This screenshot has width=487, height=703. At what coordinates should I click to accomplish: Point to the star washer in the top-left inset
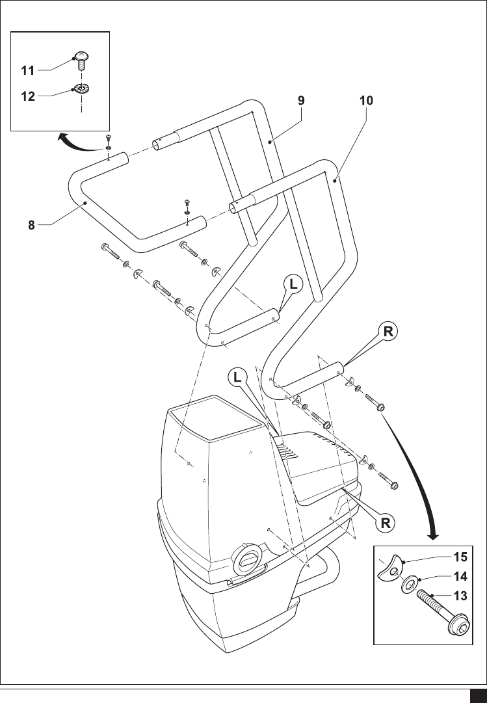[x=82, y=88]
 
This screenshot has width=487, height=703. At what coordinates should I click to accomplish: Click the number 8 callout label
[x=31, y=226]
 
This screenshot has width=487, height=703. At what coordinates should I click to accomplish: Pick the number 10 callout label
[x=366, y=101]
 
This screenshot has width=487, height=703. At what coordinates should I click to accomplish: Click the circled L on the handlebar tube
[x=294, y=285]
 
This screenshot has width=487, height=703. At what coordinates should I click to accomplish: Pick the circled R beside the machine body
[x=386, y=522]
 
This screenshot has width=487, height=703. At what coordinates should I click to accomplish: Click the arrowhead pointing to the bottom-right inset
[x=432, y=535]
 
